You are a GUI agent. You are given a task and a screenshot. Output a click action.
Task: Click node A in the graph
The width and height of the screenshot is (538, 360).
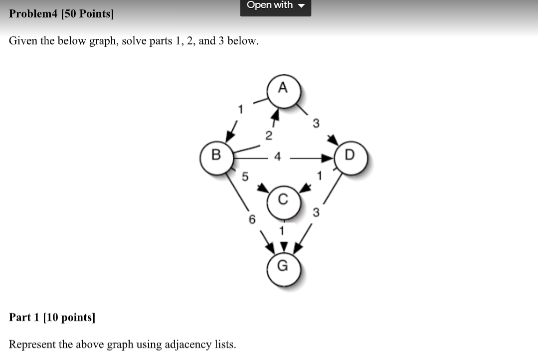tap(283, 89)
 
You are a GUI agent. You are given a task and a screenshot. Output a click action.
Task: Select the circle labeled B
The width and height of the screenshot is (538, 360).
tap(216, 156)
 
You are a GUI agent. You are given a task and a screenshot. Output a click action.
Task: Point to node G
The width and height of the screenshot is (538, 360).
tap(283, 267)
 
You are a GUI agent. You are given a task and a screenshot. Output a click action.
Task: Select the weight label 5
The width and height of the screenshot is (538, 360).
tap(245, 176)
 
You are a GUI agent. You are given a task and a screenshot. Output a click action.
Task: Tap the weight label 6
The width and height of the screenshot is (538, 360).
tap(252, 219)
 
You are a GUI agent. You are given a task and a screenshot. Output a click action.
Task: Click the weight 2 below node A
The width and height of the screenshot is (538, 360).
tap(269, 135)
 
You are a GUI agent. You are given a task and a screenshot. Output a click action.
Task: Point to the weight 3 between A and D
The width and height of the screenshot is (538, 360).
tap(316, 123)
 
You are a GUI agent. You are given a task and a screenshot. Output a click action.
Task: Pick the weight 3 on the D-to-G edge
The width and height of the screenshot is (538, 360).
tap(316, 213)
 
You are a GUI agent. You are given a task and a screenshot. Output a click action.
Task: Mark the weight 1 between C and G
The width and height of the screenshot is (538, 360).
tap(282, 231)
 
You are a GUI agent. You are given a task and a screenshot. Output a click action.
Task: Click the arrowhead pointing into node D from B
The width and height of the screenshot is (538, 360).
tap(328, 158)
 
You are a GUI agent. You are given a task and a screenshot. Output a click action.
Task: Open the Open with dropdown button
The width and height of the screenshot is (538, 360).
tap(276, 6)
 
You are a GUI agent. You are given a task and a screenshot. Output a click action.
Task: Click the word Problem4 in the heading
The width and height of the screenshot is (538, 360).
tap(33, 13)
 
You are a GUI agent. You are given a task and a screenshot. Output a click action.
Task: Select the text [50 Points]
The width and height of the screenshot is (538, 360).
tap(87, 13)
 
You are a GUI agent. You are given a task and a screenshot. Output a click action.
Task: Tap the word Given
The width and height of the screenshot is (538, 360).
tap(23, 41)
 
